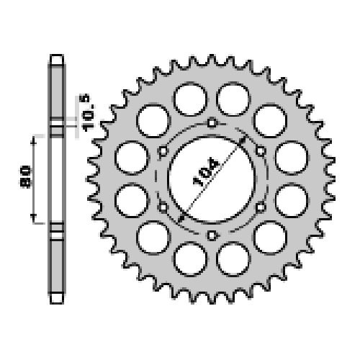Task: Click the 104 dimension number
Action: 206,171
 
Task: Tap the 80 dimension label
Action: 25,176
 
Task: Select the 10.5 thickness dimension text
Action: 88,113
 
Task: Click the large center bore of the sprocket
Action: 212,179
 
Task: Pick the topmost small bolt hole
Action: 212,123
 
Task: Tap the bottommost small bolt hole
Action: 212,235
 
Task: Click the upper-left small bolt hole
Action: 163,151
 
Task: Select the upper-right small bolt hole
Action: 261,151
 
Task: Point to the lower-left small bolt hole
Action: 163,207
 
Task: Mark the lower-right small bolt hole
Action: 261,207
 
